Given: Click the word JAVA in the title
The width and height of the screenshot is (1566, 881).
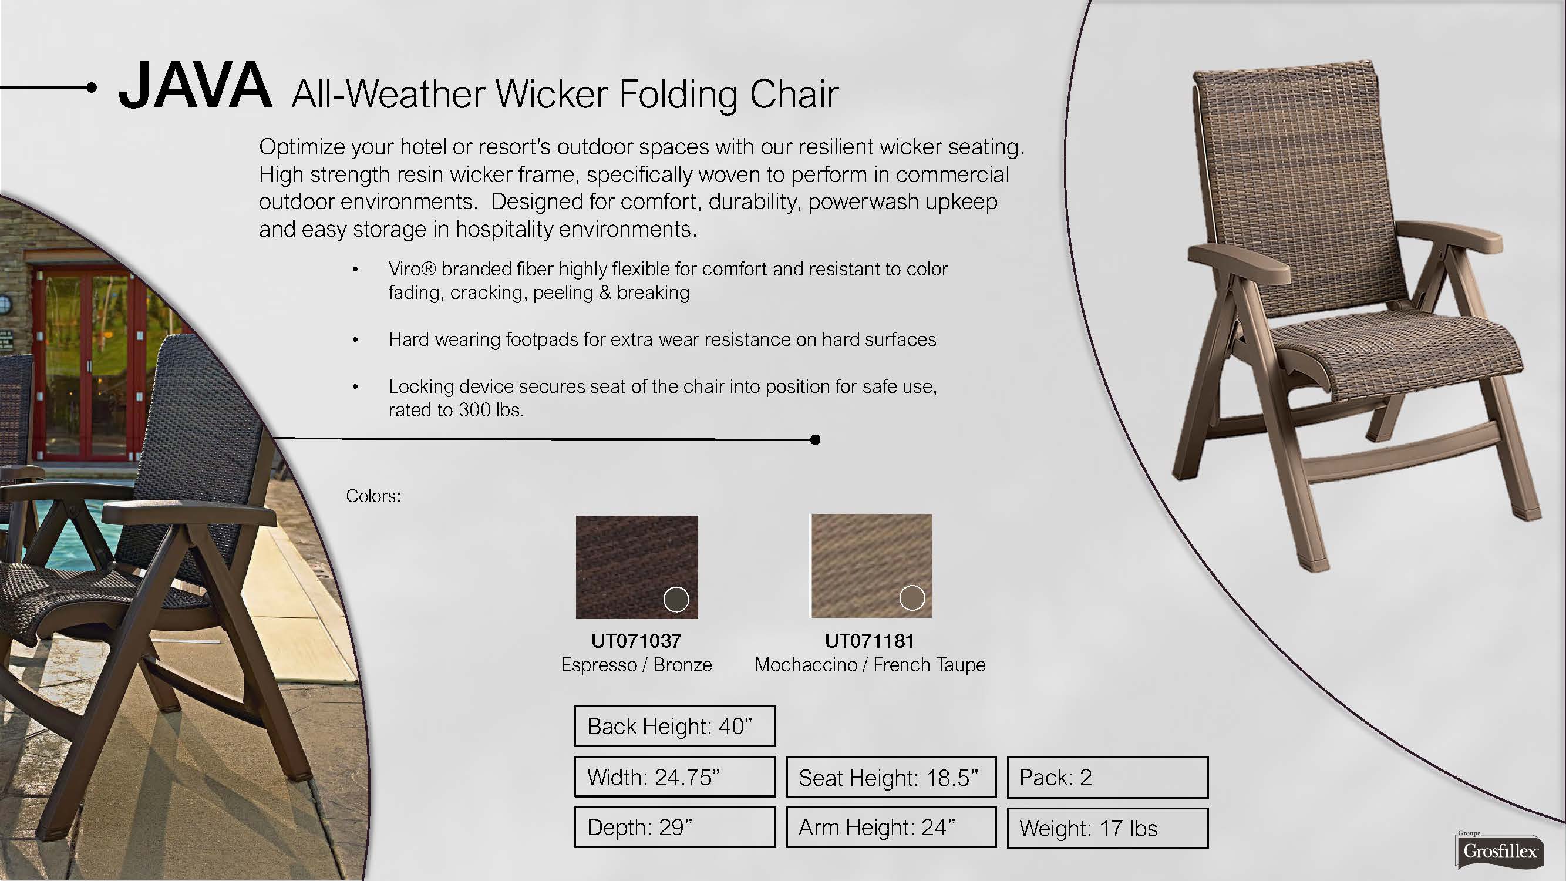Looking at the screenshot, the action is [195, 86].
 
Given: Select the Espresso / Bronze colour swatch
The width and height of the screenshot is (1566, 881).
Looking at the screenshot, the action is [636, 567].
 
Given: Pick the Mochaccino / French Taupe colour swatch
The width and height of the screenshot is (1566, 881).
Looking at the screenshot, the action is [871, 566].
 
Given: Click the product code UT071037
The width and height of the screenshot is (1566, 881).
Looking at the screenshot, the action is [636, 640].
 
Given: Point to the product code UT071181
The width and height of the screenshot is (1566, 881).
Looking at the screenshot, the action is [870, 640].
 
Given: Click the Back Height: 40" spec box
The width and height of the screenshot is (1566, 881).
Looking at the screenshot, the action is [675, 725].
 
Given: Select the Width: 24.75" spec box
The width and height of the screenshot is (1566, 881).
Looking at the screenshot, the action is [675, 776].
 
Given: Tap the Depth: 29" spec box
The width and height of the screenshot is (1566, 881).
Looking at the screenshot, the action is [675, 827].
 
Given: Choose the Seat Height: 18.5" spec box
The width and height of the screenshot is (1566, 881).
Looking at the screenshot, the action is [891, 777].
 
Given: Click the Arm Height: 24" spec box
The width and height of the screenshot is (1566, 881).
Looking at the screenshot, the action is [891, 827].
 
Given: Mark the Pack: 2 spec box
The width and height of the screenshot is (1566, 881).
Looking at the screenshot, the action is [1107, 777].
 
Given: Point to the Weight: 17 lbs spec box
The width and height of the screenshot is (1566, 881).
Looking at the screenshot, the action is [1107, 828].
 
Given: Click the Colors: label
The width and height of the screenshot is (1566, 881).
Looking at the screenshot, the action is [373, 496].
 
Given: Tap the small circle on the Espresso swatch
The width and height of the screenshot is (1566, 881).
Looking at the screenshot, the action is [676, 599].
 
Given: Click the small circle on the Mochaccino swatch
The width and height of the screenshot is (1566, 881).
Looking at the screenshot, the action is [912, 598].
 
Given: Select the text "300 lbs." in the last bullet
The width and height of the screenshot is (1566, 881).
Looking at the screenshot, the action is [491, 410].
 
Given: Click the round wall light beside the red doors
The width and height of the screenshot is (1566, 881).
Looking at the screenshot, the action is [5, 303].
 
